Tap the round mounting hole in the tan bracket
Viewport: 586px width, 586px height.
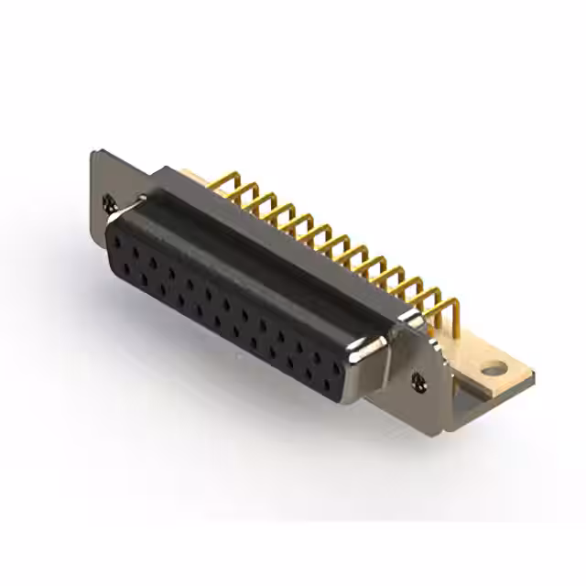click(494, 371)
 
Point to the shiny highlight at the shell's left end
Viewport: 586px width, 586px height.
click(112, 220)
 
